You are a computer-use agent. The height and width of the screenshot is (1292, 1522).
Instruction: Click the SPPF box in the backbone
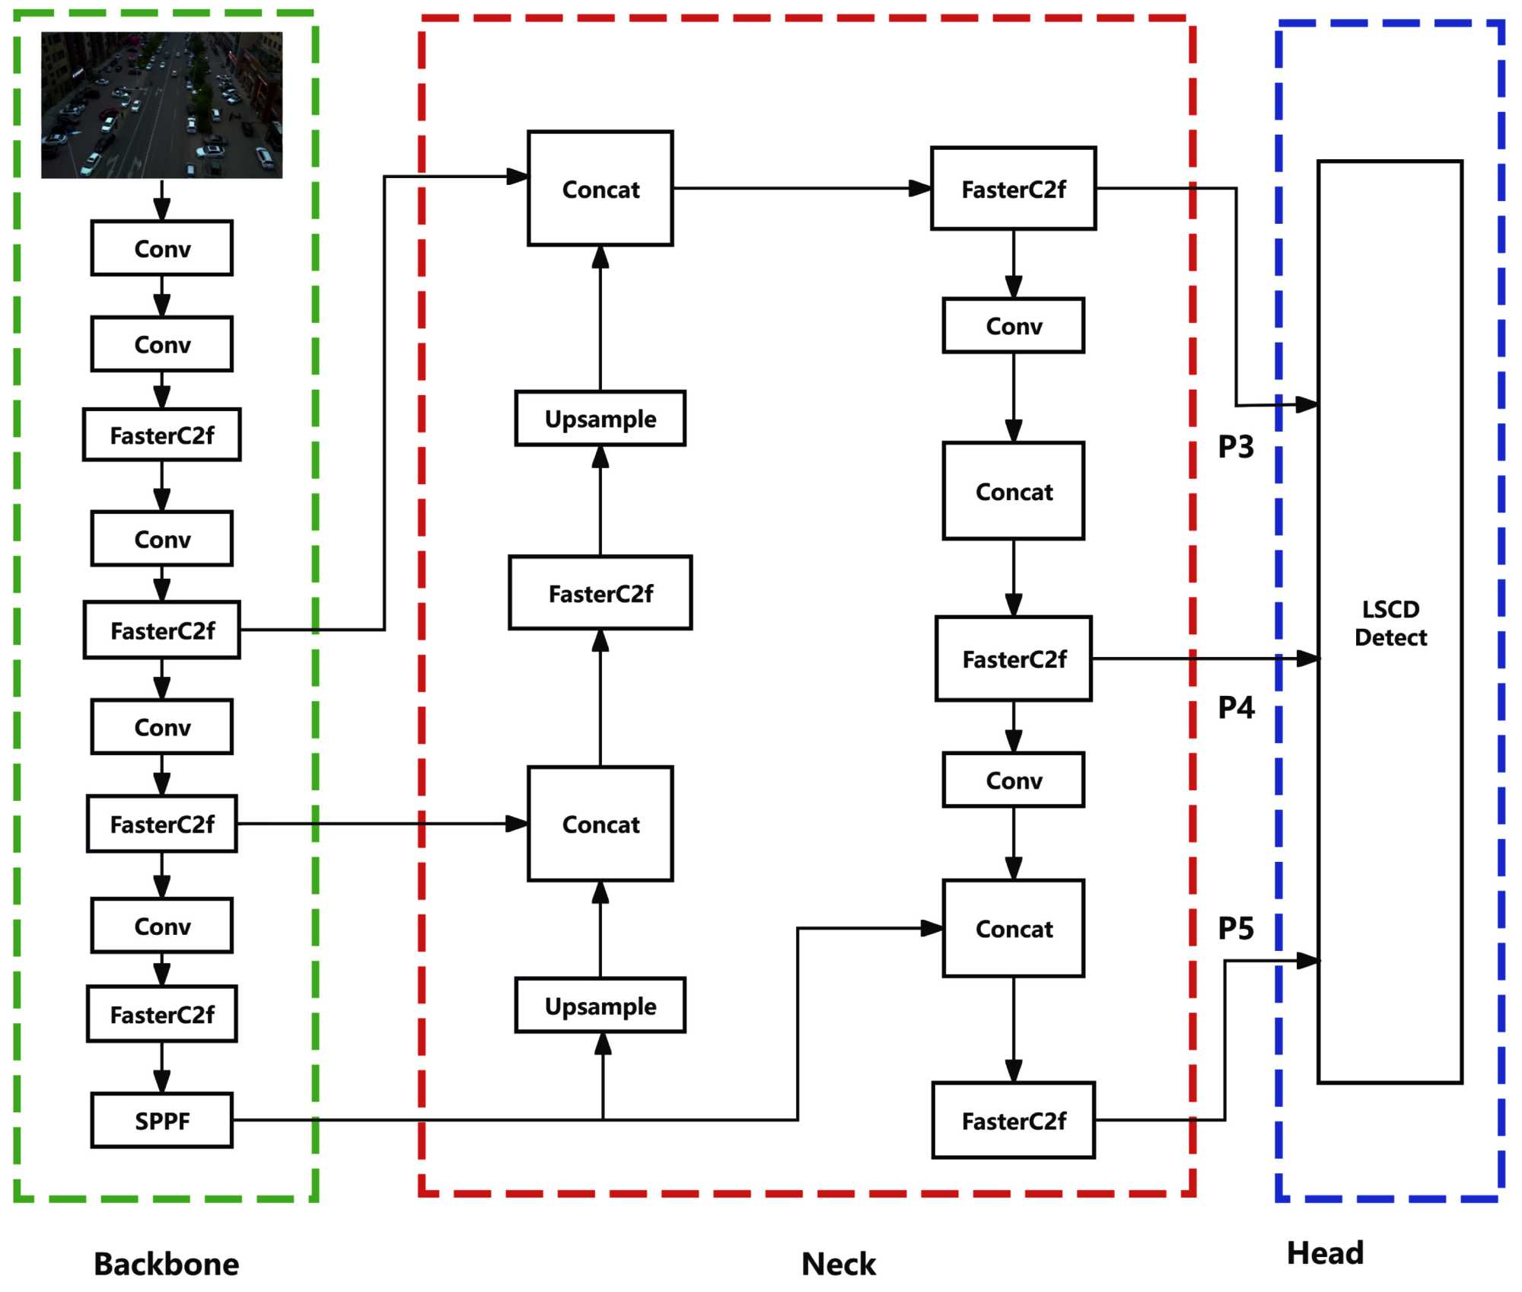(161, 1120)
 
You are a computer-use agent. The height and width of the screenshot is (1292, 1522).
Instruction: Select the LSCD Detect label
(1390, 623)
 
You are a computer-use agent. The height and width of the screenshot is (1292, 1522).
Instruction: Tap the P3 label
(1236, 447)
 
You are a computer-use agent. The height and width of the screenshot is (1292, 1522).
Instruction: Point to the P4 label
(1236, 707)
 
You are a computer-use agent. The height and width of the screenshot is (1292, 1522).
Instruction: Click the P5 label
(1236, 928)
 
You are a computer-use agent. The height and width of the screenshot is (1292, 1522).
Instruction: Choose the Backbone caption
(166, 1264)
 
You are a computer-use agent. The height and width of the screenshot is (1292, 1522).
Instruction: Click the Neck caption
(839, 1264)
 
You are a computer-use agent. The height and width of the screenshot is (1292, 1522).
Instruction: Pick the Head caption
(1325, 1253)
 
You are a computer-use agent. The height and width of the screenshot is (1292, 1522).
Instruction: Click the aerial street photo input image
(161, 105)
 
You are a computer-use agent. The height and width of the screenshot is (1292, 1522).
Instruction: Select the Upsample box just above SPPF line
(600, 1006)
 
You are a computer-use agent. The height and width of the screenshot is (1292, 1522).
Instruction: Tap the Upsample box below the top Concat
(600, 419)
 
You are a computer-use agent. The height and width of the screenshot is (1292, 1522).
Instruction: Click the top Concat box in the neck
(600, 189)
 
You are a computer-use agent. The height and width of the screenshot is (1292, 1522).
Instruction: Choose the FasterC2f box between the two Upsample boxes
(600, 593)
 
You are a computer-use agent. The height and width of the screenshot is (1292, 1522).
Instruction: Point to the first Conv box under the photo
(161, 248)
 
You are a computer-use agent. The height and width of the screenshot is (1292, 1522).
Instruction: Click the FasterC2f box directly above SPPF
(161, 1014)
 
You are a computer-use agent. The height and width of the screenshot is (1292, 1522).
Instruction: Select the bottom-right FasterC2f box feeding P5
(1013, 1121)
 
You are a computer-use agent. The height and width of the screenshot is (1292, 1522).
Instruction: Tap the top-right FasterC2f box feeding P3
(1013, 189)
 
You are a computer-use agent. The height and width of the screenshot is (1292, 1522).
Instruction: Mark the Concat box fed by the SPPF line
(1013, 929)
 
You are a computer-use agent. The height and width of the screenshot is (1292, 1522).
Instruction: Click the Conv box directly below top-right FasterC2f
(1013, 326)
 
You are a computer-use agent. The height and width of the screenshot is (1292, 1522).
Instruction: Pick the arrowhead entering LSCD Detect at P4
(1308, 659)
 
